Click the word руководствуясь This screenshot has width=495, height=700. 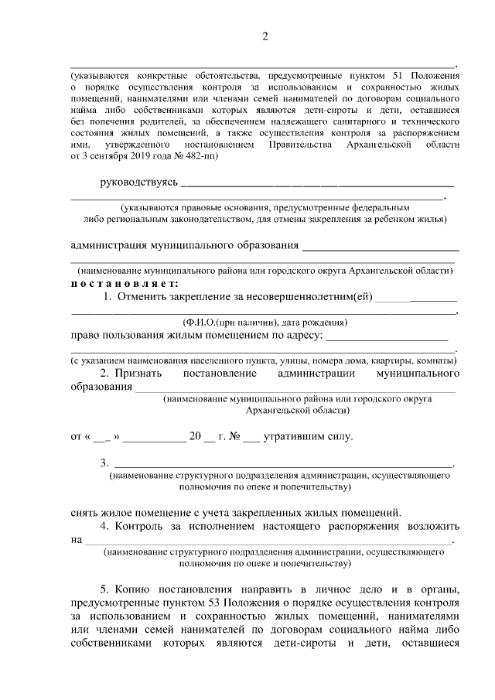(139, 183)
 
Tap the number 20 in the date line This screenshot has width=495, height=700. (195, 436)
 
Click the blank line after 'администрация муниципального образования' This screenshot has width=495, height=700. (381, 247)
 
